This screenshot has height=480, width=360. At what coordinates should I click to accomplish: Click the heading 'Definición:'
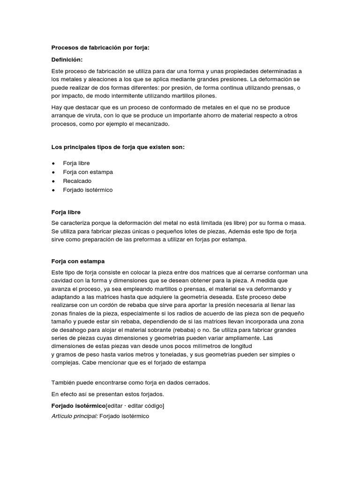point(67,60)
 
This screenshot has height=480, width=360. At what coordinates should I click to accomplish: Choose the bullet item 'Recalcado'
point(77,181)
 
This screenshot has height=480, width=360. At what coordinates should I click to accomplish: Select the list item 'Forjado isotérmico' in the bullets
point(88,190)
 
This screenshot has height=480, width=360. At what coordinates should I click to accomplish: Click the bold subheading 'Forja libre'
point(66,212)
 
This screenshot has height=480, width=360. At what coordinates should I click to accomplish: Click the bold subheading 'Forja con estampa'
point(77,261)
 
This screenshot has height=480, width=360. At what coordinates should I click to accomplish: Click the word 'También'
point(63,383)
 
